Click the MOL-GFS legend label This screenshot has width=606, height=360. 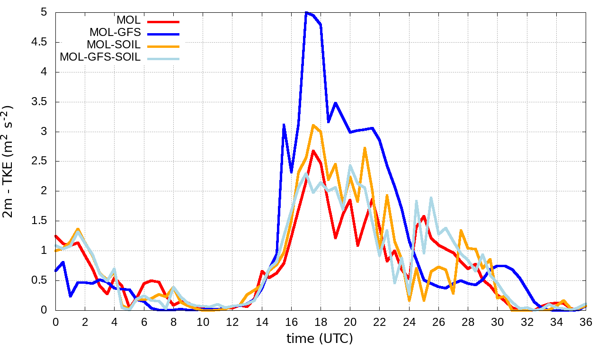coord(115,33)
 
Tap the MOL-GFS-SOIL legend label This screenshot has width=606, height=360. coord(100,57)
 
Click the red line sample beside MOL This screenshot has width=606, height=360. coord(164,21)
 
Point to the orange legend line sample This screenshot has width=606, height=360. coord(164,45)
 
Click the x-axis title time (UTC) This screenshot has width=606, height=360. coord(320,339)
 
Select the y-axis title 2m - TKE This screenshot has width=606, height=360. coord(9,162)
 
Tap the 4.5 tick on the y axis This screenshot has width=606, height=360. coord(40,42)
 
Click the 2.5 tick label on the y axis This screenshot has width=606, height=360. coord(40,161)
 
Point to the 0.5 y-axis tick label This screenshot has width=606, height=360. coord(40,280)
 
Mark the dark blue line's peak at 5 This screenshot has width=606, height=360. coord(306,12)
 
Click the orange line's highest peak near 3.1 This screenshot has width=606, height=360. coord(313,125)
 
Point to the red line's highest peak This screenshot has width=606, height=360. coord(313,151)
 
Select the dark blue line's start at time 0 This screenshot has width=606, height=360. coord(55,270)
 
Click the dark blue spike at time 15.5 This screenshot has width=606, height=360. coord(284,125)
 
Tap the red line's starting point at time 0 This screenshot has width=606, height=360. coord(55,235)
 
